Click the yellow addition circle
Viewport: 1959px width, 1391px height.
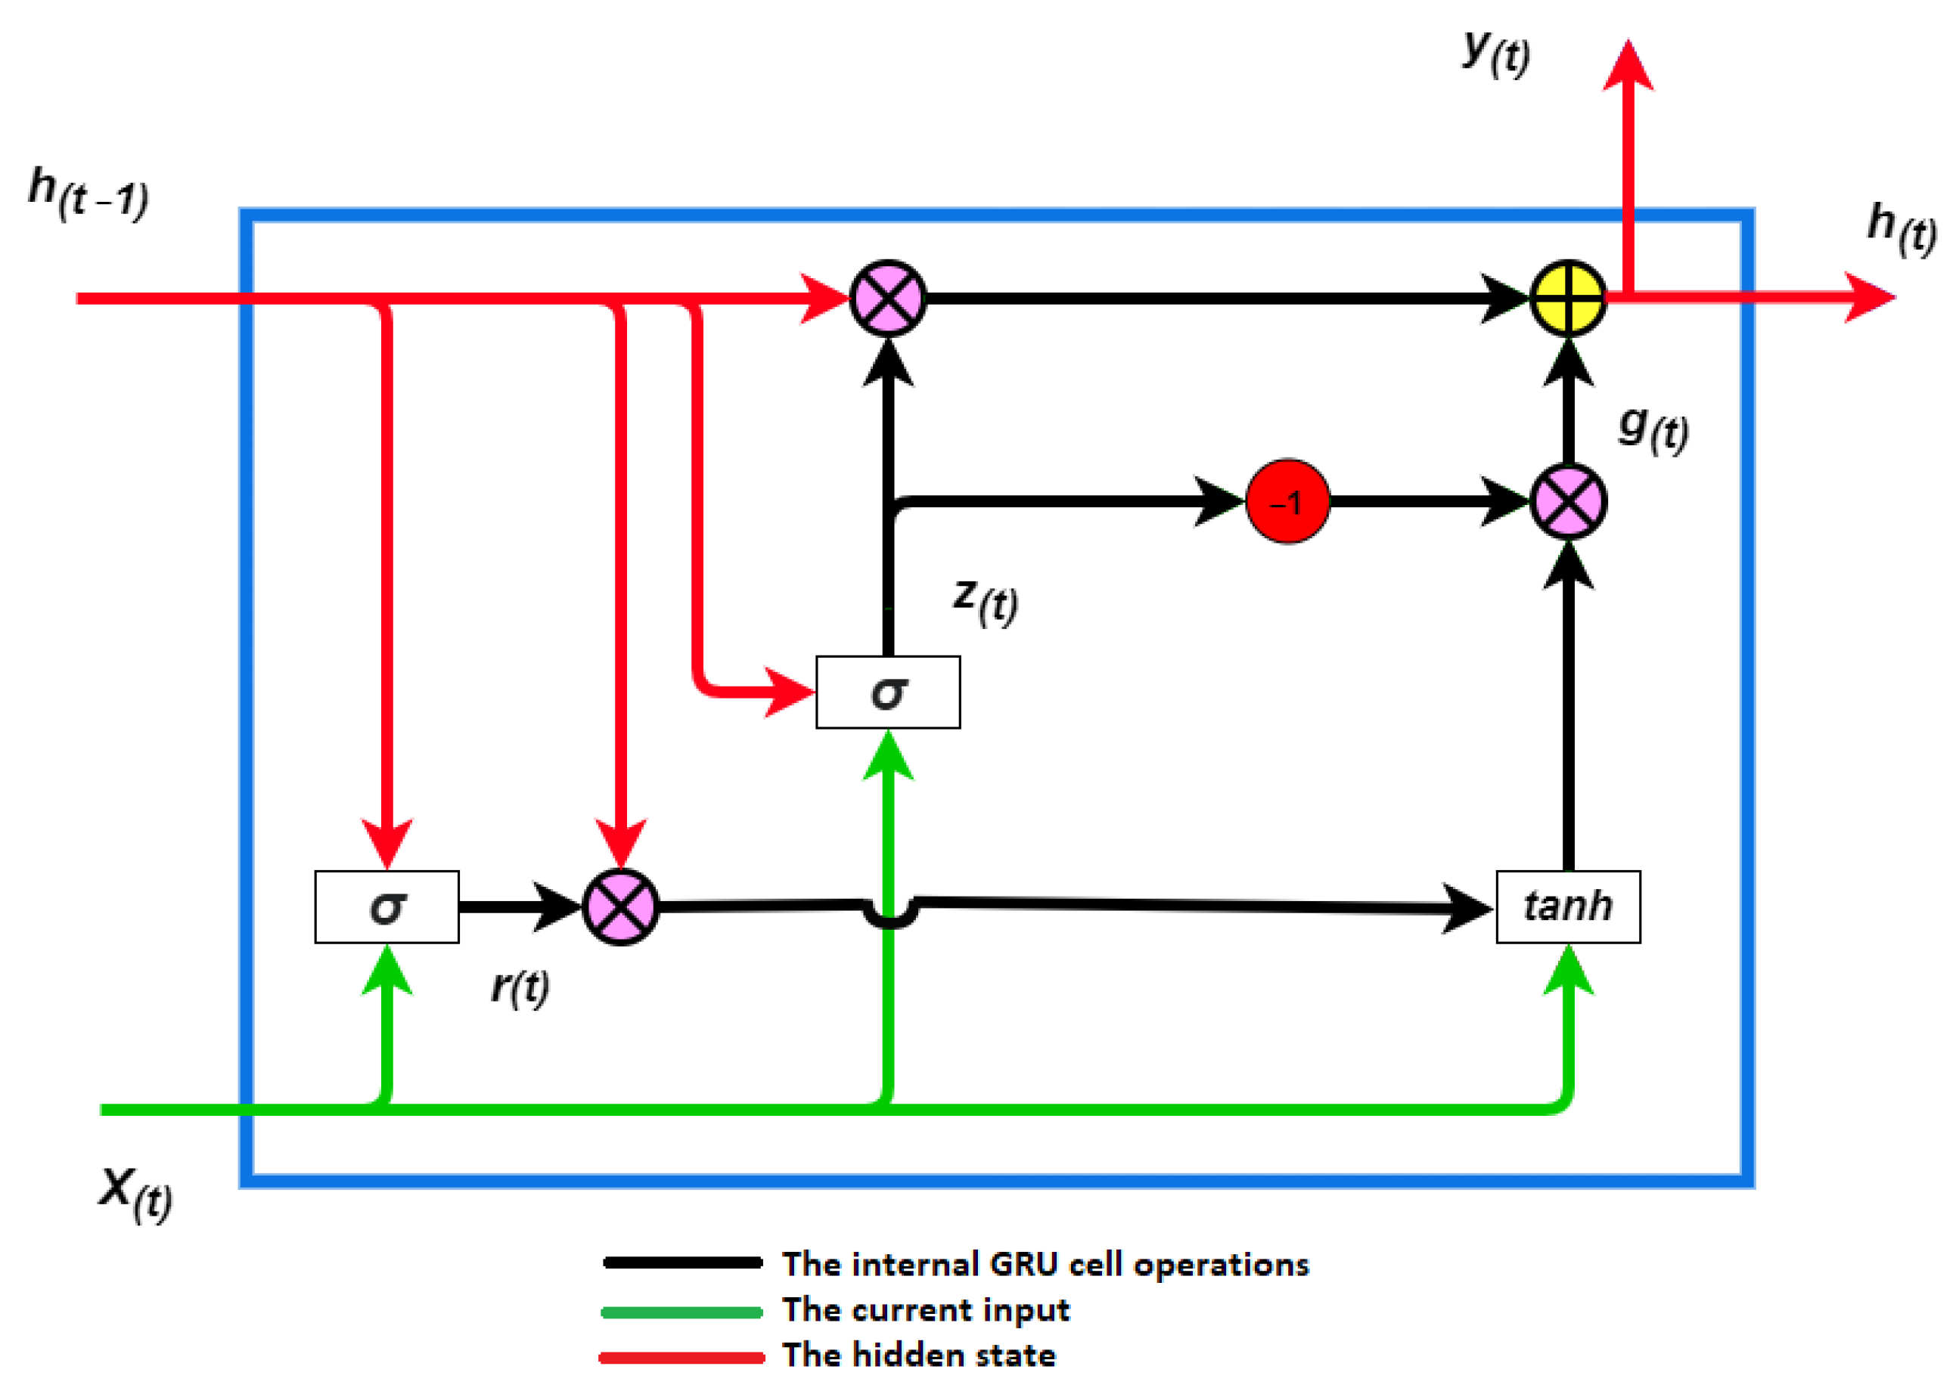[x=1567, y=298]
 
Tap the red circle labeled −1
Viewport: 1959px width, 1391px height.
[x=1287, y=502]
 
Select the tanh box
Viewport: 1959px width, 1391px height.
[x=1567, y=907]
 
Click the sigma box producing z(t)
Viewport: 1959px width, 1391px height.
[x=888, y=692]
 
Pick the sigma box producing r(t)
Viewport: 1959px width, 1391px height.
[x=387, y=907]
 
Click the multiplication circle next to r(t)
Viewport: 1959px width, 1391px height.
[x=620, y=907]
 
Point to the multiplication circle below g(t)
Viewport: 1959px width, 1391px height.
[x=1567, y=502]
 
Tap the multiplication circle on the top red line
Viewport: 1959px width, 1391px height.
[x=888, y=298]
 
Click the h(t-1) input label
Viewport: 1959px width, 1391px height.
[x=88, y=194]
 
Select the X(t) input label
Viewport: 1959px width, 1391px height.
[x=135, y=1193]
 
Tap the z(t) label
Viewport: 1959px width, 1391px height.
[x=986, y=599]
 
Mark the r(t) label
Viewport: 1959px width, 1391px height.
[x=520, y=987]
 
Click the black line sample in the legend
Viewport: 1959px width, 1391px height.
[x=682, y=1263]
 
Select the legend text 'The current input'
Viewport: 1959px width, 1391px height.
[x=926, y=1309]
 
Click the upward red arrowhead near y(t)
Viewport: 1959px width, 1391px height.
[x=1628, y=64]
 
